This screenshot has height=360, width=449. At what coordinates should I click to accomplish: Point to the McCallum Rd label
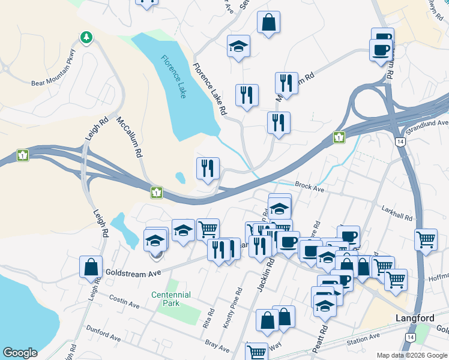click(x=129, y=137)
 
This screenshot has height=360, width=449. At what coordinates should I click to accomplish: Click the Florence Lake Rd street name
click(x=209, y=89)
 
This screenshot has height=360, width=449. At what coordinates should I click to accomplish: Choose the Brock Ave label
click(x=309, y=188)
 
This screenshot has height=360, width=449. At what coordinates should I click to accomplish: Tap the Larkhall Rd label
click(x=397, y=213)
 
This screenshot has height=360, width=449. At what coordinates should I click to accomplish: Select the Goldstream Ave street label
click(x=134, y=272)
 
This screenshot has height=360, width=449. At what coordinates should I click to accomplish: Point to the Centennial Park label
click(x=171, y=299)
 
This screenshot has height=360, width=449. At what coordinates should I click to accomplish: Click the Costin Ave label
click(x=124, y=301)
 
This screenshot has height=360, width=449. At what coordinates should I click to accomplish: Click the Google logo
click(x=20, y=353)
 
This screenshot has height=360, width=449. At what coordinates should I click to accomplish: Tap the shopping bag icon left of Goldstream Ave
click(x=91, y=267)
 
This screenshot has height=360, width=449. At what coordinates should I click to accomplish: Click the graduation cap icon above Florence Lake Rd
click(x=238, y=46)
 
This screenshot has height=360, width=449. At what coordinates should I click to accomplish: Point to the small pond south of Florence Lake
click(x=180, y=177)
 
